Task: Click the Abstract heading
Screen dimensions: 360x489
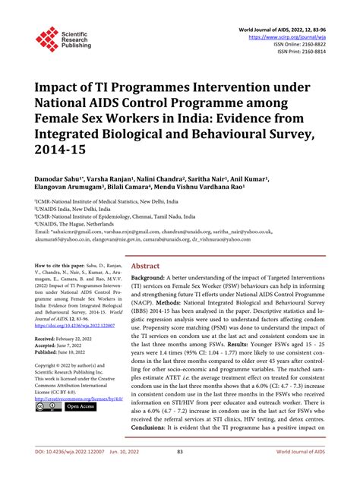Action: tap(145, 267)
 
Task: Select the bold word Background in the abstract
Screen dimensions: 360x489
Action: tap(152, 280)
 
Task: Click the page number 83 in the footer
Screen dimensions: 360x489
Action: tap(180, 475)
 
